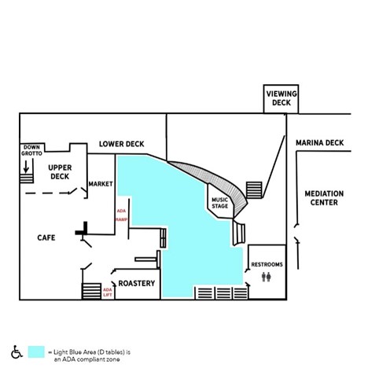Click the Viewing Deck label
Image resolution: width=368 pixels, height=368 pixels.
coord(282,98)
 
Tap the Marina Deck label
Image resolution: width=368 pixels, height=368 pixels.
coord(319,143)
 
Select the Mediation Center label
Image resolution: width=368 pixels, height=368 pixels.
coord(324,198)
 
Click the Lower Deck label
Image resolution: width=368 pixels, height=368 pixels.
coord(122,144)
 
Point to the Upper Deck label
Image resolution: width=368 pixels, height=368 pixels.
coord(60,172)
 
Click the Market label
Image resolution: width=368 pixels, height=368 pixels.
coord(101,184)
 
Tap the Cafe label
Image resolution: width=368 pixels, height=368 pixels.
coord(46,237)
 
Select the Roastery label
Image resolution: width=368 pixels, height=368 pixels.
coord(137,283)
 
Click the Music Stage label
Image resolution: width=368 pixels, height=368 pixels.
coord(220,203)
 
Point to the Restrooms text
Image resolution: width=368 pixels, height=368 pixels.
coord(267,264)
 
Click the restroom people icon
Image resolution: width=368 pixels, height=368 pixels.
coord(267,277)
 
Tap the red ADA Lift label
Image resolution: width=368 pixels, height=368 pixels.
coord(108,293)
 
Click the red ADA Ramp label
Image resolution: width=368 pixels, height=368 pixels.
coord(121,215)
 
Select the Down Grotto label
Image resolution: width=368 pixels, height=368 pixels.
coord(31,150)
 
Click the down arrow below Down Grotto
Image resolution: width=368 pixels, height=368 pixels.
coord(26,167)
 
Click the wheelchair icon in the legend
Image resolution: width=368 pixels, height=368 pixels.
coord(17,351)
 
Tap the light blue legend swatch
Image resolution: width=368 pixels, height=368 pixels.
coord(36,351)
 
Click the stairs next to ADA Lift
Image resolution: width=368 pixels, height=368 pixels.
coord(91,291)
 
